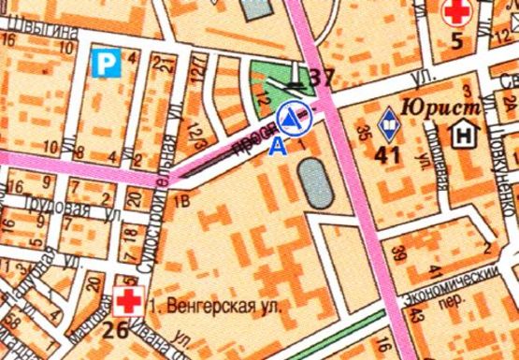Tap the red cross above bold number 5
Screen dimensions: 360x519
[x=456, y=12]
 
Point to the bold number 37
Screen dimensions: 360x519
[x=323, y=78]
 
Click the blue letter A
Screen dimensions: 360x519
[x=275, y=145]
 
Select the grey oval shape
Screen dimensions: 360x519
[x=315, y=182]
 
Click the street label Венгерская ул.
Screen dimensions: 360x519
[x=217, y=305]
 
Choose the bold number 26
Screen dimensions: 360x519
[x=116, y=329]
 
